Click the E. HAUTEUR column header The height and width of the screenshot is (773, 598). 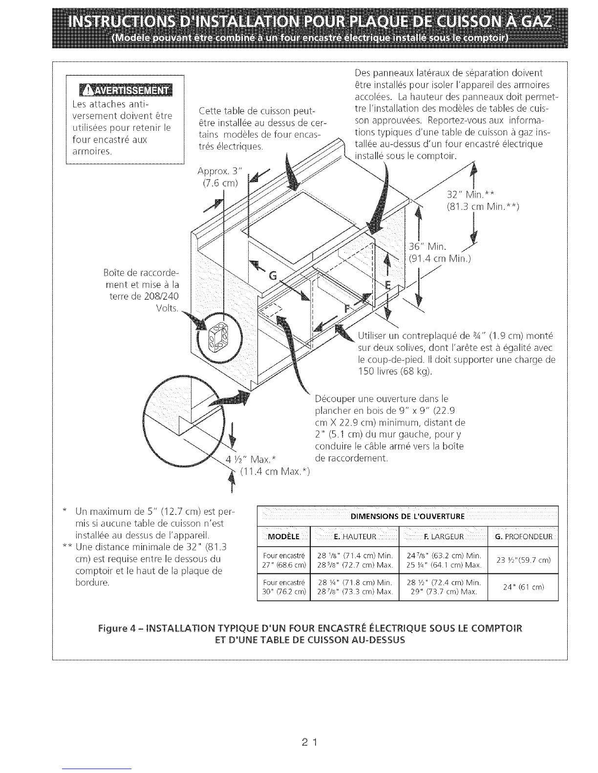pyautogui.click(x=355, y=537)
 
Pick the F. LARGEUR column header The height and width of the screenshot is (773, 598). pyautogui.click(x=444, y=537)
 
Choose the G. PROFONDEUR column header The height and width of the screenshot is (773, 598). pyautogui.click(x=523, y=537)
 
